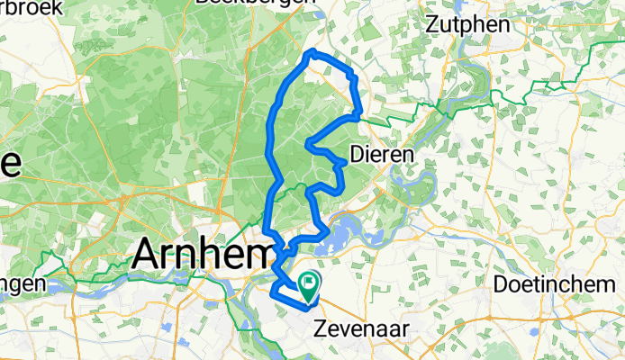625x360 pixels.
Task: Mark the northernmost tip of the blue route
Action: coord(312,53)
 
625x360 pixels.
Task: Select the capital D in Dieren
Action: coord(356,154)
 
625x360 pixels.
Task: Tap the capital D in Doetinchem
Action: coord(501,283)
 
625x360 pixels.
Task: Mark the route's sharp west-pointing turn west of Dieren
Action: coord(308,142)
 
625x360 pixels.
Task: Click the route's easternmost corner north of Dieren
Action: coord(361,113)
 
